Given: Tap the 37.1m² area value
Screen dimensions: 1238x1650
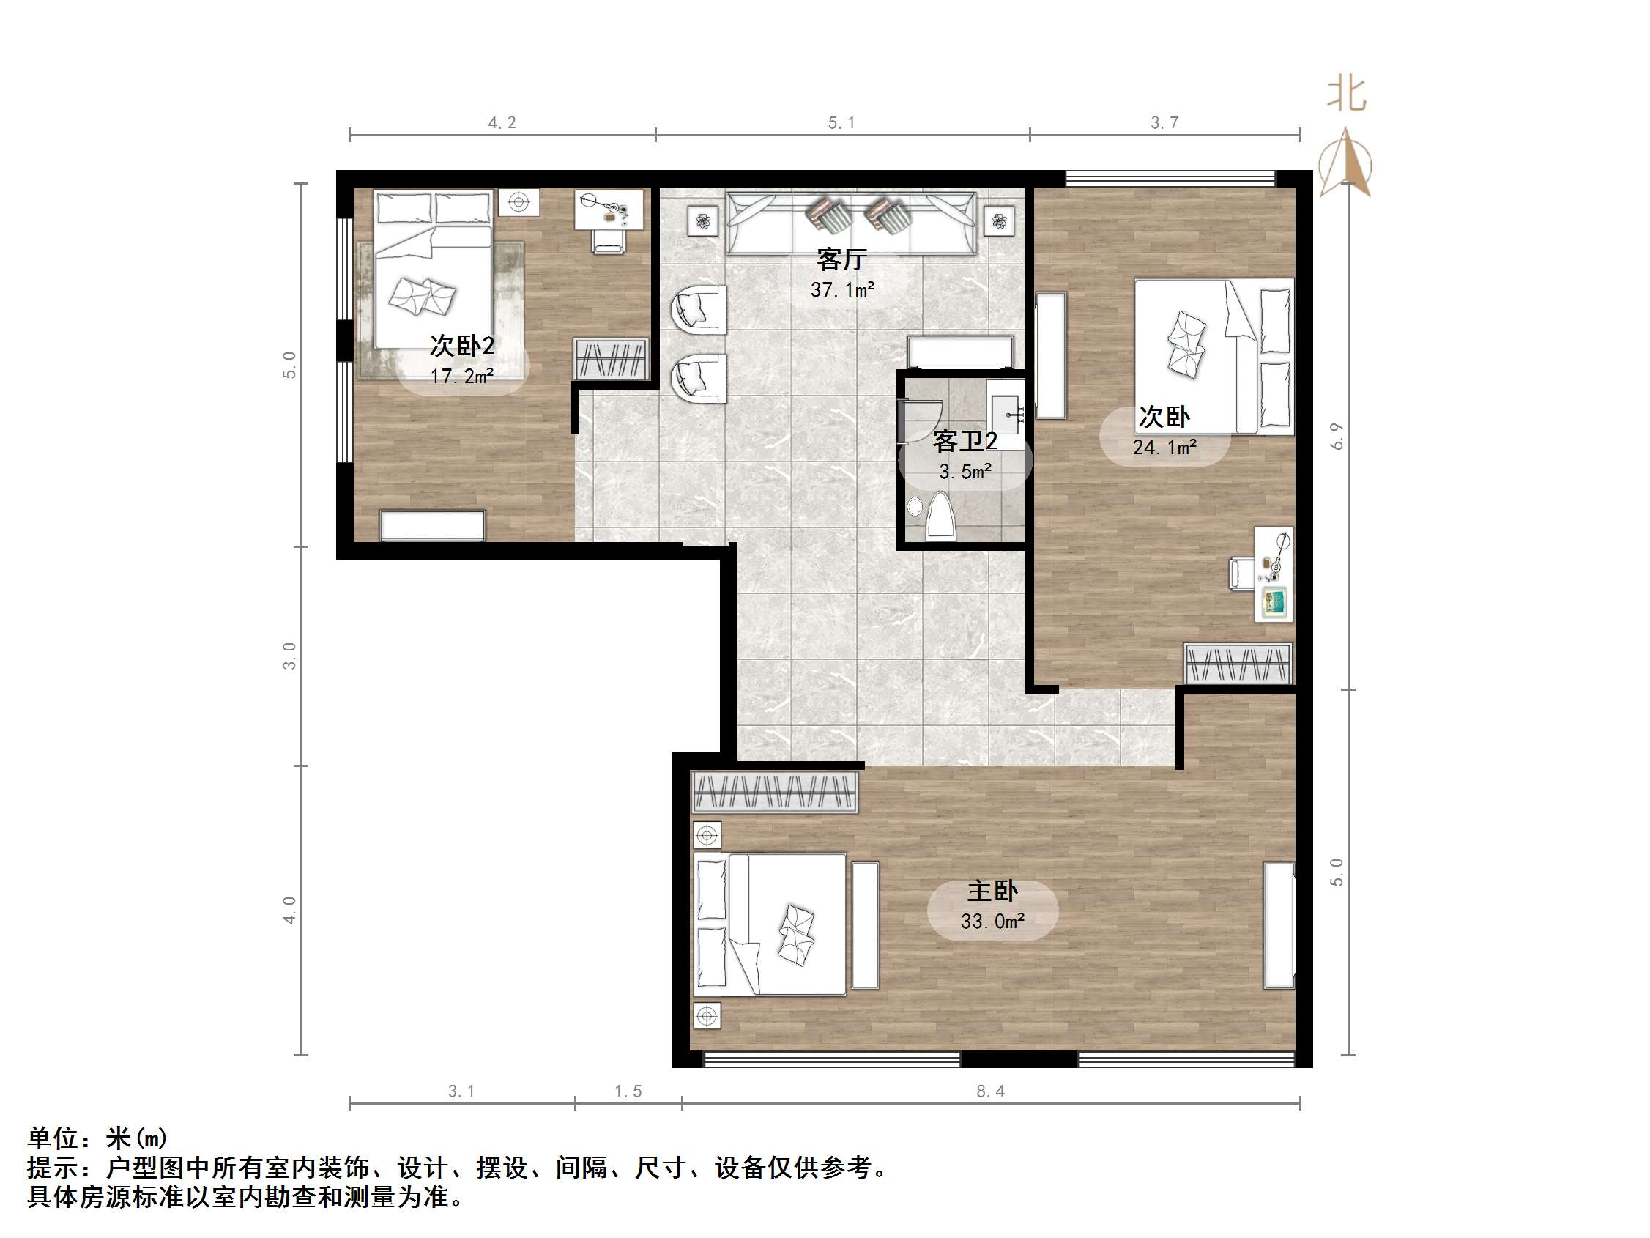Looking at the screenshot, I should [842, 289].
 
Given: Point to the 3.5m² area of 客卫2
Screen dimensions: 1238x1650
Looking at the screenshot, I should [965, 472].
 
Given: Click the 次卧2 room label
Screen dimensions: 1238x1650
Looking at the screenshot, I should [461, 346].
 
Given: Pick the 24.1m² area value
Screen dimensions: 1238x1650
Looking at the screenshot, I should [1164, 447].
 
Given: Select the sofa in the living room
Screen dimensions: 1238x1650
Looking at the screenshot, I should [851, 224].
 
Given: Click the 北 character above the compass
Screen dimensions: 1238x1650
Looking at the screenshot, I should [1346, 94].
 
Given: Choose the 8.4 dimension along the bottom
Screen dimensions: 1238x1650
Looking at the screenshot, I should [990, 1091].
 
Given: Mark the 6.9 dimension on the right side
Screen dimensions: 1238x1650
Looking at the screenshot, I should [1337, 436].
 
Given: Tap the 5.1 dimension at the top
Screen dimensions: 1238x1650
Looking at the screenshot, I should [841, 122].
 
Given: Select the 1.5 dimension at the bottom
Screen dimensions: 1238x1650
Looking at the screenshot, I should [628, 1091].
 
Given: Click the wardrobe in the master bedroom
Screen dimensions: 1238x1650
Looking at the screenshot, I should [774, 792].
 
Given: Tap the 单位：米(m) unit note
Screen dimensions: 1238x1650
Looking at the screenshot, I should [97, 1137].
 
